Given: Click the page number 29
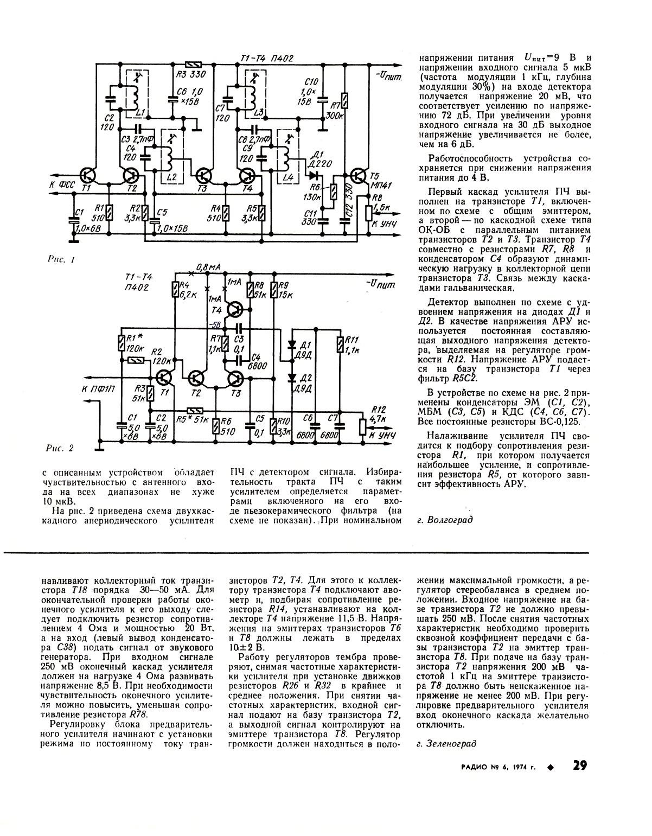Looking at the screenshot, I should pos(579,766).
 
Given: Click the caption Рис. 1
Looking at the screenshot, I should pos(60,260).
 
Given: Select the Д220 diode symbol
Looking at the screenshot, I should pos(313,175).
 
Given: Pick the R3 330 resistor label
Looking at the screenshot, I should pos(189,74).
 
